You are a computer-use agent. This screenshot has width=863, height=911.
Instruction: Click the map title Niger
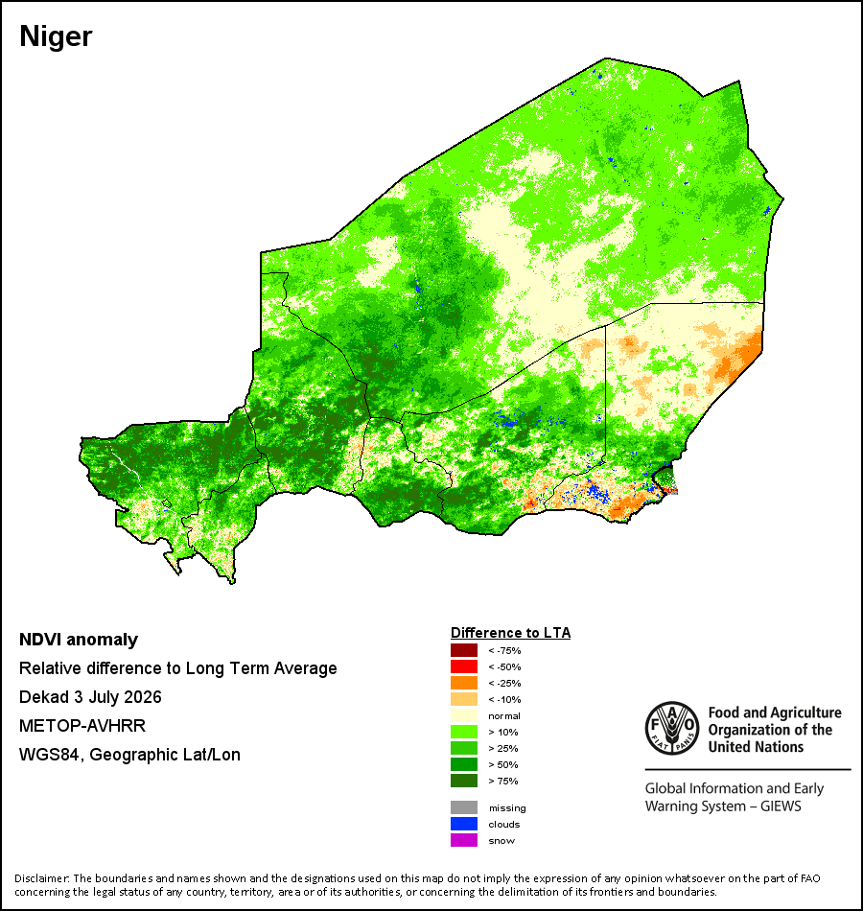(56, 37)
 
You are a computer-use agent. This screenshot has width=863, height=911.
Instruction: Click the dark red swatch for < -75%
(464, 650)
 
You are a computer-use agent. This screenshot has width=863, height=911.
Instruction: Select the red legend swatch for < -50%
(464, 666)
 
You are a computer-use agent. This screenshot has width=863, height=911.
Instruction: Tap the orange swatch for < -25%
(464, 683)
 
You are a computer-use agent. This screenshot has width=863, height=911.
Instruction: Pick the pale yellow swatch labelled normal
(464, 715)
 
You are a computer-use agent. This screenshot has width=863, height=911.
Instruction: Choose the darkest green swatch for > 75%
(464, 781)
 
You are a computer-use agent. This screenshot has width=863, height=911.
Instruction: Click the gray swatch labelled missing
(464, 807)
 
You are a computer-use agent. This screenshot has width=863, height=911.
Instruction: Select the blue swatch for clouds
(464, 824)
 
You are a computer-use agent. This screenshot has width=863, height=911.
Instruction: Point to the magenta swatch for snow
(464, 840)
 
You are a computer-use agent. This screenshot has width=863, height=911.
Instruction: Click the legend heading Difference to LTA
(510, 633)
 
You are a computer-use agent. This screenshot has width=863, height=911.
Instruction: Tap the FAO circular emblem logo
(672, 729)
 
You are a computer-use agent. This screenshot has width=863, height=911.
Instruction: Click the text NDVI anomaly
(79, 640)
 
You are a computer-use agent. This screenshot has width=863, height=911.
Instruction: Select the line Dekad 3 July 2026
(90, 697)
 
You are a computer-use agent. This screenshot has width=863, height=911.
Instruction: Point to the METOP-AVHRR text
(82, 726)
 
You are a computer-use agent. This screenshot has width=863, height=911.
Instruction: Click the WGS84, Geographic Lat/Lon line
(129, 755)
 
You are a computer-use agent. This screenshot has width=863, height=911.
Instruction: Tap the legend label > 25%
(503, 748)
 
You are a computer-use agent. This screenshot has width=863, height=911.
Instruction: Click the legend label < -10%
(504, 699)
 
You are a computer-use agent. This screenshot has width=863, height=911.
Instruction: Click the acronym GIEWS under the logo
(781, 806)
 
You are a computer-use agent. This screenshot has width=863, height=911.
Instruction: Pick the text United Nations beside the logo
(756, 747)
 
